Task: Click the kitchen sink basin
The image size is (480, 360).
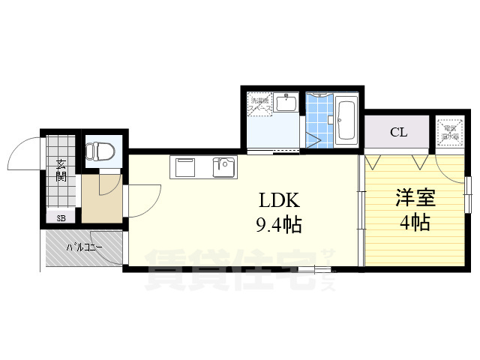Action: click(223, 167)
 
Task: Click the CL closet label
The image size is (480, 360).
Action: click(398, 133)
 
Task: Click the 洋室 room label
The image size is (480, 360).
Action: click(415, 199)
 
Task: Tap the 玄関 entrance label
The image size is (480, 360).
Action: click(61, 170)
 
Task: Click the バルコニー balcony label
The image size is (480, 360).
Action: click(83, 246)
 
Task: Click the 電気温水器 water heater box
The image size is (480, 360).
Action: click(450, 133)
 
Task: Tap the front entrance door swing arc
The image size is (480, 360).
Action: click(21, 154)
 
